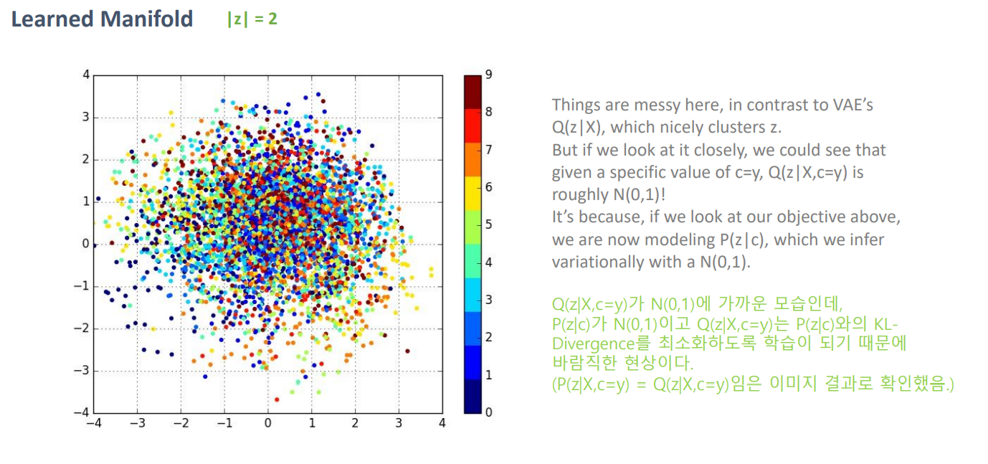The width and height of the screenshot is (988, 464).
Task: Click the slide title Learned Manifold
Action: tap(102, 19)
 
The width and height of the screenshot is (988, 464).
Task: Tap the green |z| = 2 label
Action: tap(252, 19)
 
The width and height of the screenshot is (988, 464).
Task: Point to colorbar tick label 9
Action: tap(489, 74)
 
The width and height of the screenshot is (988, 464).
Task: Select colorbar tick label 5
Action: tap(489, 224)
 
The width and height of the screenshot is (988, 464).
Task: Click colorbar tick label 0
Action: tap(489, 412)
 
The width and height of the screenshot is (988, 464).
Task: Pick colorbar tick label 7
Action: tap(489, 150)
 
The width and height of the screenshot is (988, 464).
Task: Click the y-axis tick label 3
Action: tap(85, 117)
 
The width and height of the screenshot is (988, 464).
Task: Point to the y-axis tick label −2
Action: tap(81, 328)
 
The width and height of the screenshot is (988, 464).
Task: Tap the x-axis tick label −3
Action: tap(137, 423)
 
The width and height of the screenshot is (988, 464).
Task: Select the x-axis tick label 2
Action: tap(355, 423)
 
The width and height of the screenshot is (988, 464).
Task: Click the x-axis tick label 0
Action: tap(267, 423)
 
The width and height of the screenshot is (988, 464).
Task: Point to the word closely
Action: tap(721, 151)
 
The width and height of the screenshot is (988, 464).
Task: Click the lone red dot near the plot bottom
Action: tap(277, 399)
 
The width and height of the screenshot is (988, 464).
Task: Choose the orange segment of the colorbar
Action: tap(472, 160)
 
